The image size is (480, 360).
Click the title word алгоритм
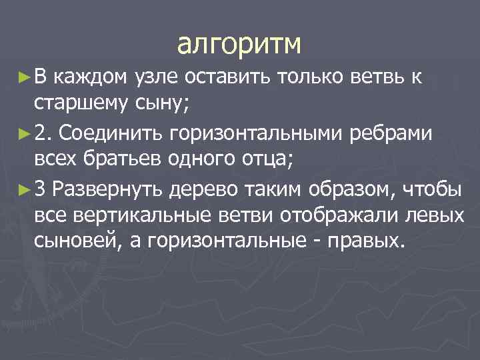(239, 45)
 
